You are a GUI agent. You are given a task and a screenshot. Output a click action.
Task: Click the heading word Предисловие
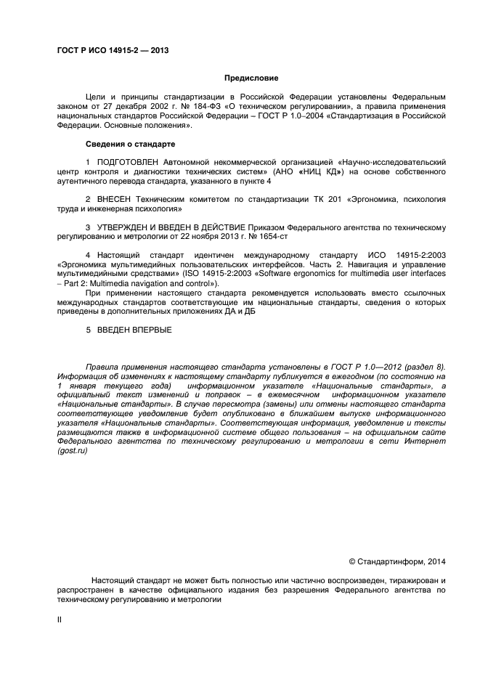251,77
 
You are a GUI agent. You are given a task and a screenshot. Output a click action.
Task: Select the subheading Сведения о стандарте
131,143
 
